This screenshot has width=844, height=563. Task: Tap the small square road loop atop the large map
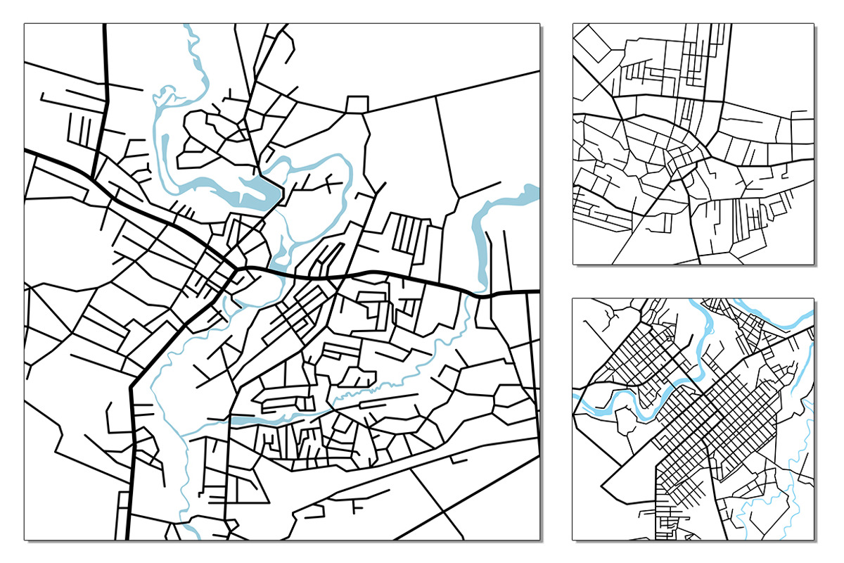click(357, 104)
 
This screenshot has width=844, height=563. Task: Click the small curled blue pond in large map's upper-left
click(166, 95)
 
